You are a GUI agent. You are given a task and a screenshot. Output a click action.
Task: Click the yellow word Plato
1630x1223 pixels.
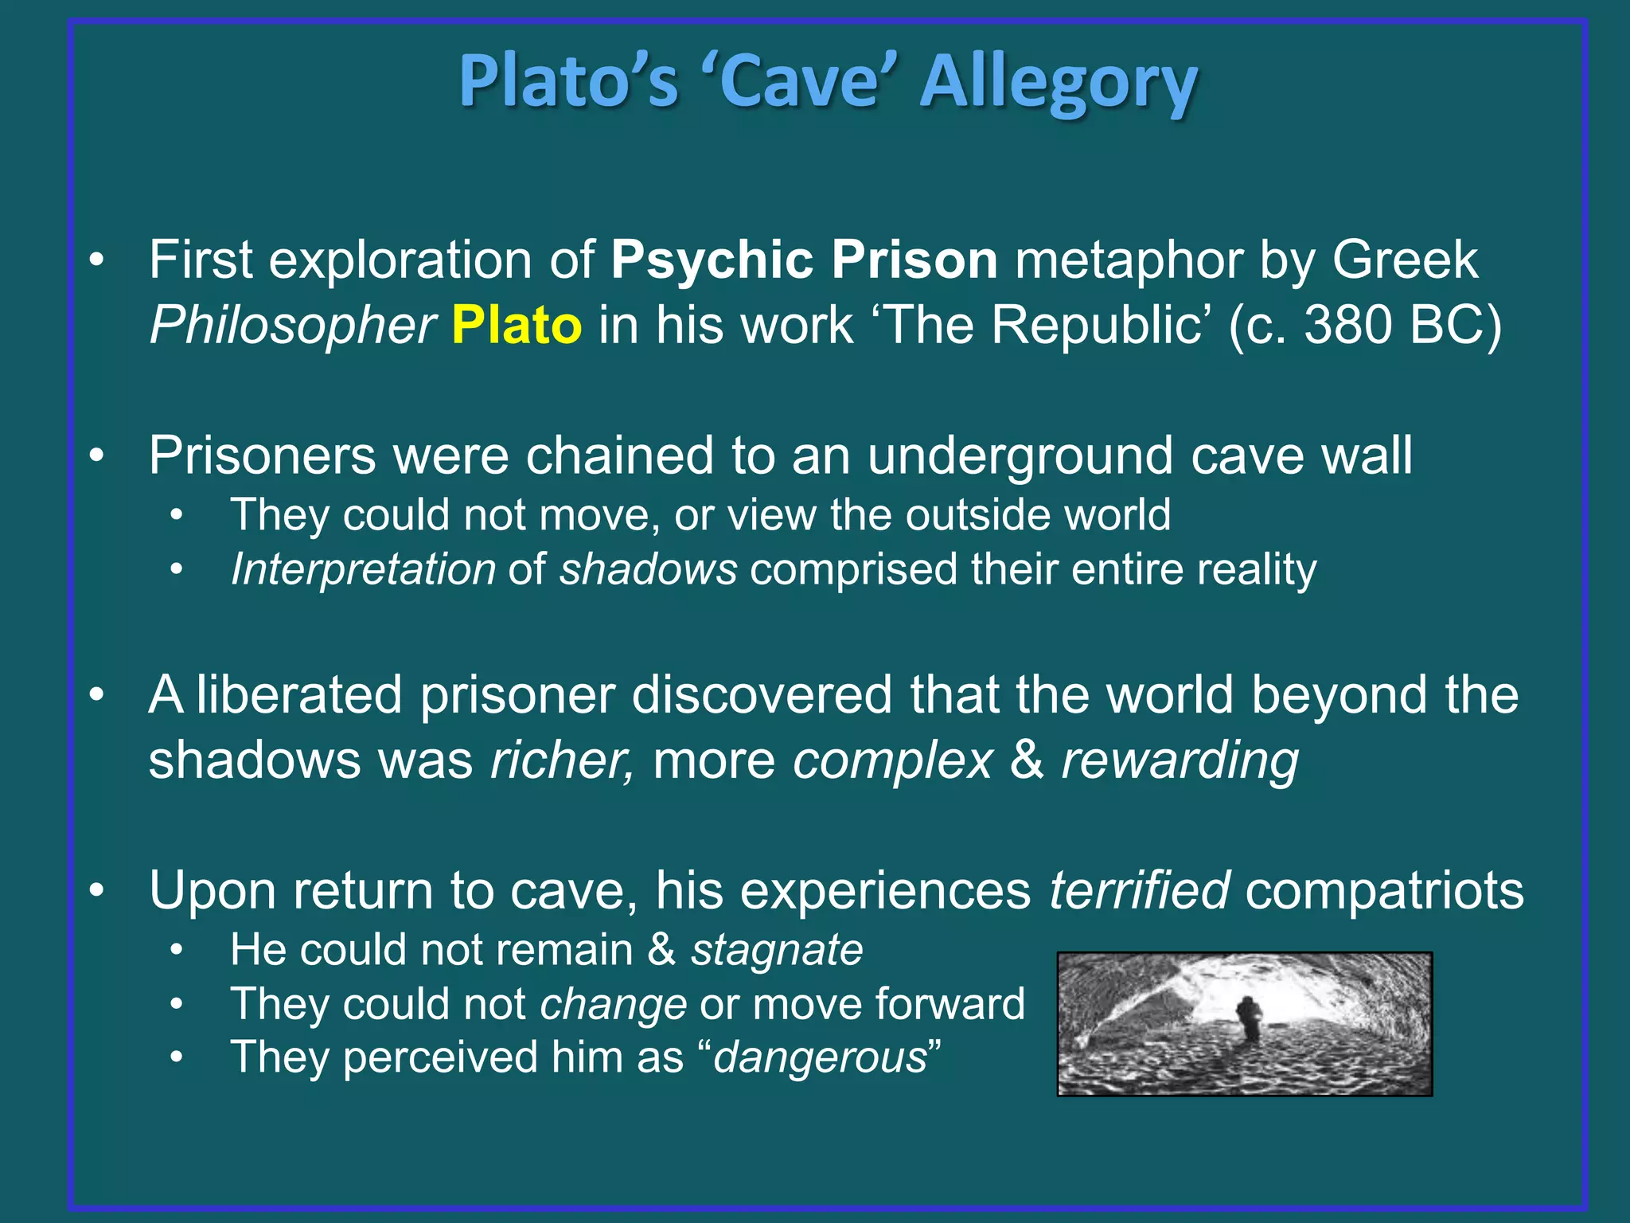pos(517,325)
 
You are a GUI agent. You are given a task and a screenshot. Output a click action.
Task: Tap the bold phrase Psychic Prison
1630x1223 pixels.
pos(804,260)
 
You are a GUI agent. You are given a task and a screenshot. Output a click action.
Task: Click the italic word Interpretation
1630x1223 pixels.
pos(363,570)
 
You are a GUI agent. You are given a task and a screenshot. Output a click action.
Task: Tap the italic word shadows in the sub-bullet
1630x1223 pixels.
pos(648,570)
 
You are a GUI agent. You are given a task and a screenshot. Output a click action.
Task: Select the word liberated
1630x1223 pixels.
pos(299,694)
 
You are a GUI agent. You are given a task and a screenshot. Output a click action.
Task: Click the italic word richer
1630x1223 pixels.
pos(562,760)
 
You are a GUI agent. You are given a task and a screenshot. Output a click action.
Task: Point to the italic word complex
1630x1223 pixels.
pos(892,761)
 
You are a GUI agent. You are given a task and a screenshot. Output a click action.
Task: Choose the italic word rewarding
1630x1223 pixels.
pos(1180,761)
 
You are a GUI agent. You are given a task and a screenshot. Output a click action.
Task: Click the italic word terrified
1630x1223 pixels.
pos(1139,890)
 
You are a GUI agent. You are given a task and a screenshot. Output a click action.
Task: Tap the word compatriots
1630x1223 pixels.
pos(1384,890)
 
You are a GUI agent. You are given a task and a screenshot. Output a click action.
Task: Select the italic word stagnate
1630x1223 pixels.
pos(776,950)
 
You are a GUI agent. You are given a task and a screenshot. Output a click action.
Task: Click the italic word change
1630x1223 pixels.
pos(613,1004)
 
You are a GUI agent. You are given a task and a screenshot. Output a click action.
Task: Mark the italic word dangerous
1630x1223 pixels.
pos(820,1058)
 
